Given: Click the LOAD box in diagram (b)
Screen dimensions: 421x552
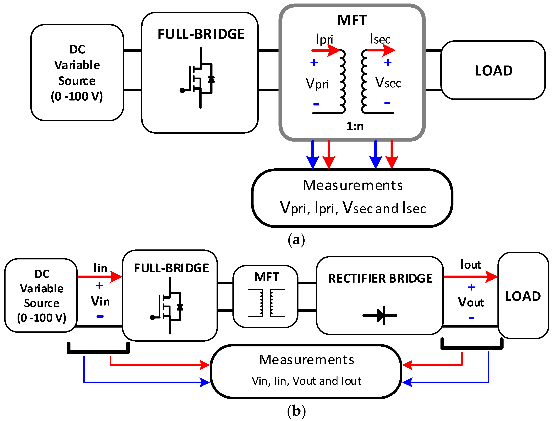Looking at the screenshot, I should point(523,296).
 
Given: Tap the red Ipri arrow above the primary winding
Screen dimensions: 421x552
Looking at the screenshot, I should point(326,50).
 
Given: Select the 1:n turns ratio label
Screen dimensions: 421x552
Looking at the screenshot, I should point(355,126).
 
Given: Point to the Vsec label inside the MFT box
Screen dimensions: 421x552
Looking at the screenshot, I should point(388,83).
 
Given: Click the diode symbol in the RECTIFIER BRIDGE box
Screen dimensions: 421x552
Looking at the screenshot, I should point(380,316).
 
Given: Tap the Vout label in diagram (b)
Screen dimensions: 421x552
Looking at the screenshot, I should point(471,302).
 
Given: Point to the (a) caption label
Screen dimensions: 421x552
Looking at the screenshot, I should point(296,240).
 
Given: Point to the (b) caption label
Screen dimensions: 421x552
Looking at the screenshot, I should point(296,411).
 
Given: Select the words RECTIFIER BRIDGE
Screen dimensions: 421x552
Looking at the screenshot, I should point(380,278).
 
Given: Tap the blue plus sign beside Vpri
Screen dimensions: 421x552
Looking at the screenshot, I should point(314,62).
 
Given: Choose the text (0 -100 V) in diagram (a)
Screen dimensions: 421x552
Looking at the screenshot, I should point(77,96).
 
